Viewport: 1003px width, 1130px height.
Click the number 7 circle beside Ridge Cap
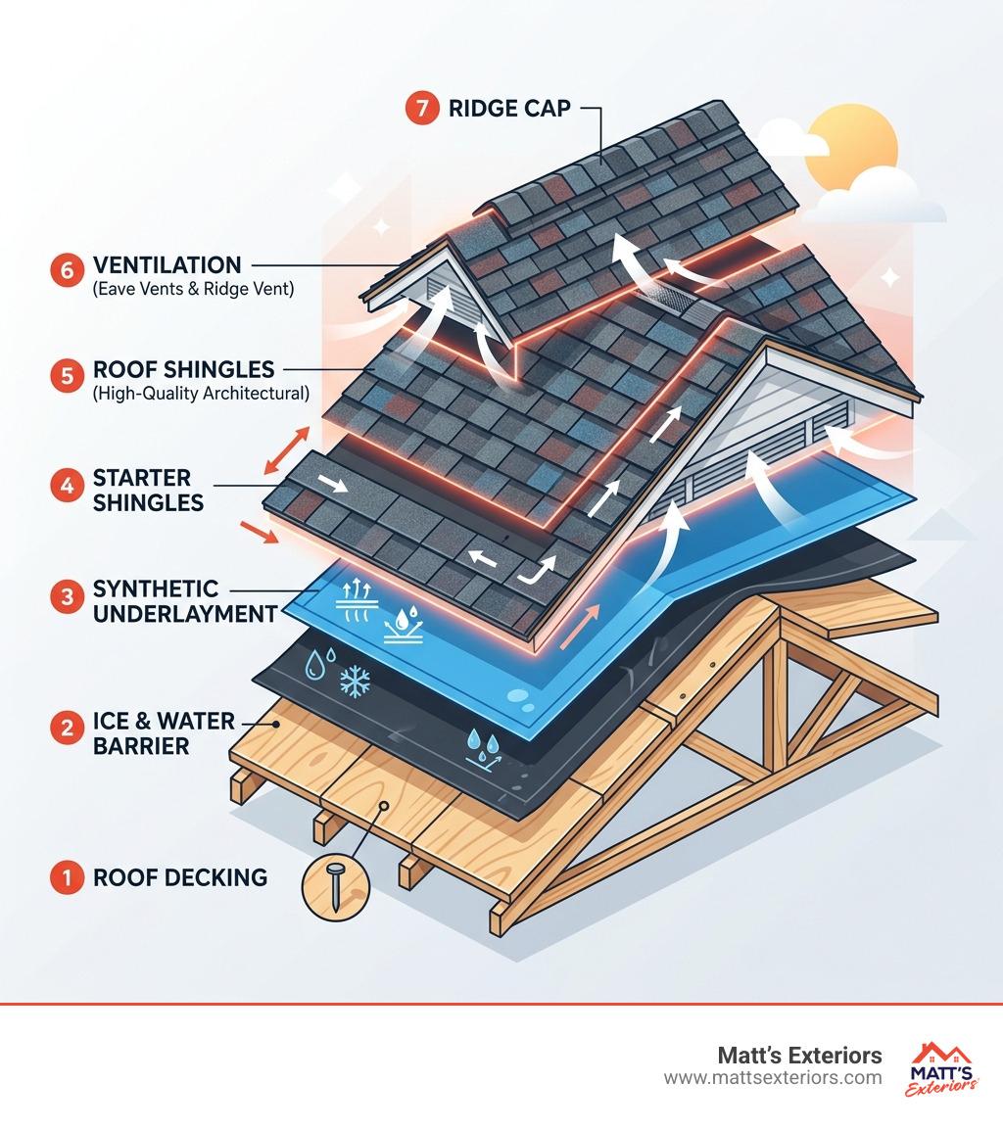tap(422, 108)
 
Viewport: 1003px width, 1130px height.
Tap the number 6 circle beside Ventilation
tap(67, 270)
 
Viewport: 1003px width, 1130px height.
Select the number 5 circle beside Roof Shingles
tap(67, 376)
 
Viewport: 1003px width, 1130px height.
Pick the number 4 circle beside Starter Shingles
tap(67, 485)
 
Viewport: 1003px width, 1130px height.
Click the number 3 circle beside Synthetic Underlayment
tap(67, 596)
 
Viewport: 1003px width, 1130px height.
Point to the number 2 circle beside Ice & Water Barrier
tap(67, 728)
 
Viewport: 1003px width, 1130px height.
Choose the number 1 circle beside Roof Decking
tap(67, 877)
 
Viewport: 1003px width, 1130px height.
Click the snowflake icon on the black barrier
tap(355, 681)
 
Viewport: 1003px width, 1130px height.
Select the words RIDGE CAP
tap(509, 108)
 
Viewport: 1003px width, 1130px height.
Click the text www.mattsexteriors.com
tap(773, 1078)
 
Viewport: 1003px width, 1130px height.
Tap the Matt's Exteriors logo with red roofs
tap(942, 1069)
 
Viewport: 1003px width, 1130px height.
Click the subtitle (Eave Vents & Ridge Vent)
tap(193, 289)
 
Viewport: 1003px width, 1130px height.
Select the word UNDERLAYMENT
tap(185, 614)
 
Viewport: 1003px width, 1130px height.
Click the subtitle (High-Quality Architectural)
tap(201, 394)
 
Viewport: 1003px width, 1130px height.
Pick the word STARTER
tap(142, 478)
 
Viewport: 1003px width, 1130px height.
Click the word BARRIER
tap(141, 746)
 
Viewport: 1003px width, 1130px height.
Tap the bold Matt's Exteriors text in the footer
tap(799, 1056)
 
